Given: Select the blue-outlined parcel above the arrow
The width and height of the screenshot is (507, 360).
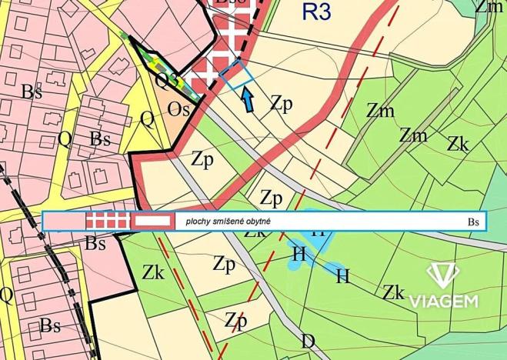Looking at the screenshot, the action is coord(236,75).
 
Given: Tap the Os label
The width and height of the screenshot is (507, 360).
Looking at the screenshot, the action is coord(179,110).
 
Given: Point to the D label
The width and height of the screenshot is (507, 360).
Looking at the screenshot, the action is coord(308,341).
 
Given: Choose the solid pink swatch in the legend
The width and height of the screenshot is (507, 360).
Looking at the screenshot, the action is coord(65,222).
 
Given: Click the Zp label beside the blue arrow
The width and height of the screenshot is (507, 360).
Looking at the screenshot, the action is coord(282,104).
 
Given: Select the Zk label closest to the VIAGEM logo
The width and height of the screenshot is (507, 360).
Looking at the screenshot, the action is coord(394,292).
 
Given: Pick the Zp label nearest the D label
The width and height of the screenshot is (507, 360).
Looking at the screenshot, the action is coord(236,320).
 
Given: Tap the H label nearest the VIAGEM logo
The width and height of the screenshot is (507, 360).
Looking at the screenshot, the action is coord(343,275).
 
